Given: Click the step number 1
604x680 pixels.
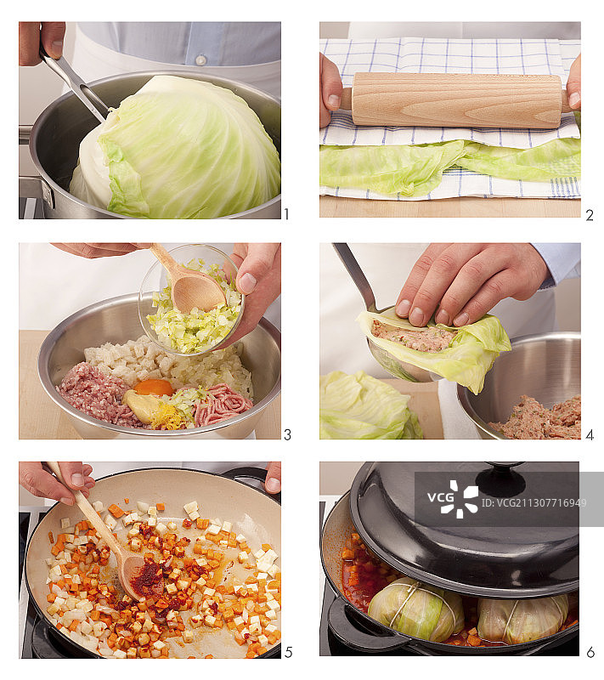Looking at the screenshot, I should click(x=286, y=214).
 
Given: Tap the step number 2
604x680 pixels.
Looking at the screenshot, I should click(x=589, y=215).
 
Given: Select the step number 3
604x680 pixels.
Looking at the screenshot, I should click(x=287, y=434).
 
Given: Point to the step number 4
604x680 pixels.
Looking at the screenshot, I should click(x=589, y=434).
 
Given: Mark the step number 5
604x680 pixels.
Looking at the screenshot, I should click(x=287, y=653).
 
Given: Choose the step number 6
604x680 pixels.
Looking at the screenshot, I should click(x=590, y=653).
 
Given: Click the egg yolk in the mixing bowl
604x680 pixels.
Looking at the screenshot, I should click(x=154, y=387).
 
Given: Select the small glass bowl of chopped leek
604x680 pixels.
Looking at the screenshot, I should click(x=191, y=302).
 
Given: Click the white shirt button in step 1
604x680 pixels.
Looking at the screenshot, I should click(x=200, y=60).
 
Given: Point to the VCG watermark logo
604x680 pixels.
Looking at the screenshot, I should click(x=460, y=500).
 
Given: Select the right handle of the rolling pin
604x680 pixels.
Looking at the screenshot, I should click(x=573, y=99).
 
